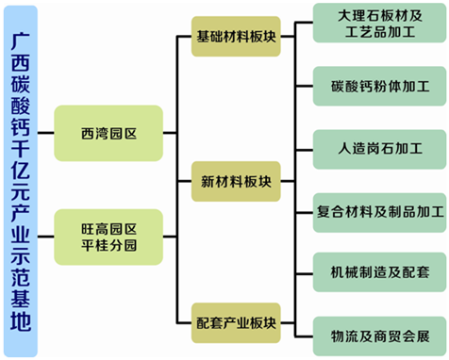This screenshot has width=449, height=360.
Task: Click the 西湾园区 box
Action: pyautogui.click(x=109, y=133)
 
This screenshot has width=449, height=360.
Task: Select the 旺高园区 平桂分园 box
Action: pyautogui.click(x=109, y=237)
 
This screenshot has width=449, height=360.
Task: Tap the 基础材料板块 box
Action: pyautogui.click(x=236, y=39)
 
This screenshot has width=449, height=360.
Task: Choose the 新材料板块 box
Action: pyautogui.click(x=236, y=180)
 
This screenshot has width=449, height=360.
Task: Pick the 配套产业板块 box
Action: pyautogui.click(x=236, y=322)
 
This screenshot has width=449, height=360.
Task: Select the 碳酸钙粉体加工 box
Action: pyautogui.click(x=379, y=86)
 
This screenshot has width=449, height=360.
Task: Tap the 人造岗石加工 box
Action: pyautogui.click(x=379, y=148)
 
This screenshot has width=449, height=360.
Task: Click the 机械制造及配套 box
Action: pyautogui.click(x=379, y=272)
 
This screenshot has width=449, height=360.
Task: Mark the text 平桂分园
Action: pyautogui.click(x=109, y=246)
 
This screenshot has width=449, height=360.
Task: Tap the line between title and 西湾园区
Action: pyautogui.click(x=46, y=133)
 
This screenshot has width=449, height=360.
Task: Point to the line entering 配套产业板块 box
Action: pyautogui.click(x=185, y=322)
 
